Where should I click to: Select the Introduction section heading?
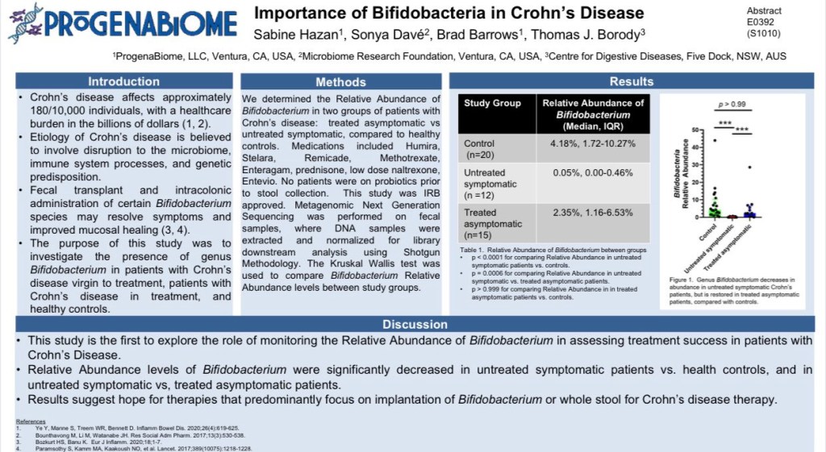click(x=123, y=81)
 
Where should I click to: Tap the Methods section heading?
click(x=340, y=81)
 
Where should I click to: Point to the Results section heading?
click(x=631, y=81)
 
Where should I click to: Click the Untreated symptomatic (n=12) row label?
click(x=490, y=179)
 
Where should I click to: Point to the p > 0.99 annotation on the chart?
click(x=732, y=105)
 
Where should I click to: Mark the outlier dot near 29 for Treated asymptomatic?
click(x=749, y=168)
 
